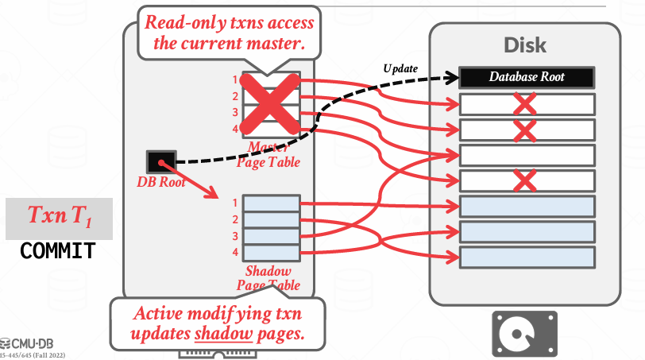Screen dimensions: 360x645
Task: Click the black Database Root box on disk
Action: (x=527, y=77)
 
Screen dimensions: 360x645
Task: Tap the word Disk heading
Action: (x=526, y=45)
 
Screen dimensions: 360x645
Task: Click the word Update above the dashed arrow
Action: (x=400, y=68)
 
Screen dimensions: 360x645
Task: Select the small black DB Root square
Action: (x=160, y=162)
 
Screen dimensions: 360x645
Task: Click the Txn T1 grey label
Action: (x=59, y=216)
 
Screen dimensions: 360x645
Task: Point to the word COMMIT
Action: (x=58, y=251)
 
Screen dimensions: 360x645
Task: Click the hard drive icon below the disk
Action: (x=524, y=333)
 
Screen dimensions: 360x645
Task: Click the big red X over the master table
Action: (x=269, y=104)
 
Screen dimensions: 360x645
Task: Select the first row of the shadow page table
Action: (x=272, y=203)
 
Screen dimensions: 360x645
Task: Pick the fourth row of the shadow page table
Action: (x=272, y=252)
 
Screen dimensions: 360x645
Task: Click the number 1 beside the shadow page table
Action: (x=236, y=203)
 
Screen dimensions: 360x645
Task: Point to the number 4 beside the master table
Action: (x=235, y=129)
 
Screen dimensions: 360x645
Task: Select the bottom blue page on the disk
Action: (x=527, y=257)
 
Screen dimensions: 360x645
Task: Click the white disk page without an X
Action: (x=527, y=154)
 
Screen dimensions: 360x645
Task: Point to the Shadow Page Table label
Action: (x=268, y=278)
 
